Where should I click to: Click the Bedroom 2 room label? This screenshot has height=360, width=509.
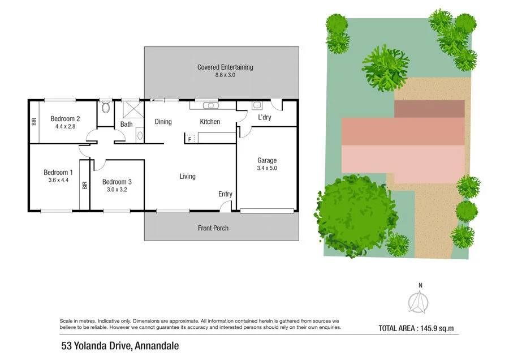tap(65, 119)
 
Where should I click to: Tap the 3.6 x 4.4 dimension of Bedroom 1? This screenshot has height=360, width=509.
tap(59, 181)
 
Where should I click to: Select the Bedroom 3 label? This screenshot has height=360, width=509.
tap(117, 182)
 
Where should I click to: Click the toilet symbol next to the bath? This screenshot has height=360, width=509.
tap(105, 106)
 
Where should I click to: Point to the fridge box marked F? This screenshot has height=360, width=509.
tap(190, 138)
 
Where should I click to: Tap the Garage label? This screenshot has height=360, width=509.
tap(267, 160)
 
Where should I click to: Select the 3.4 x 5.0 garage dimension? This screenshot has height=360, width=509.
tap(267, 168)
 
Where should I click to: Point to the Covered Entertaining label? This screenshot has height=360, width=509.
tap(225, 67)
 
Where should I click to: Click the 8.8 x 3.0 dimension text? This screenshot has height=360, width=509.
tap(225, 75)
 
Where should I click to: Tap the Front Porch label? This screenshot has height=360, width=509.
tap(213, 228)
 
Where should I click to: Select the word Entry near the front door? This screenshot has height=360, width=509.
tap(225, 194)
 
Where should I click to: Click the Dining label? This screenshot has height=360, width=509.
tap(163, 122)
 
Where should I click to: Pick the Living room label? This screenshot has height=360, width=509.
tap(188, 177)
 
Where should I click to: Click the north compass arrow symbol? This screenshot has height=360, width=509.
tap(419, 303)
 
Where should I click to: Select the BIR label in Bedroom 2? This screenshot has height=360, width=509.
tap(34, 121)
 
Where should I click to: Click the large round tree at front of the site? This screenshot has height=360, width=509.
tap(355, 208)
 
